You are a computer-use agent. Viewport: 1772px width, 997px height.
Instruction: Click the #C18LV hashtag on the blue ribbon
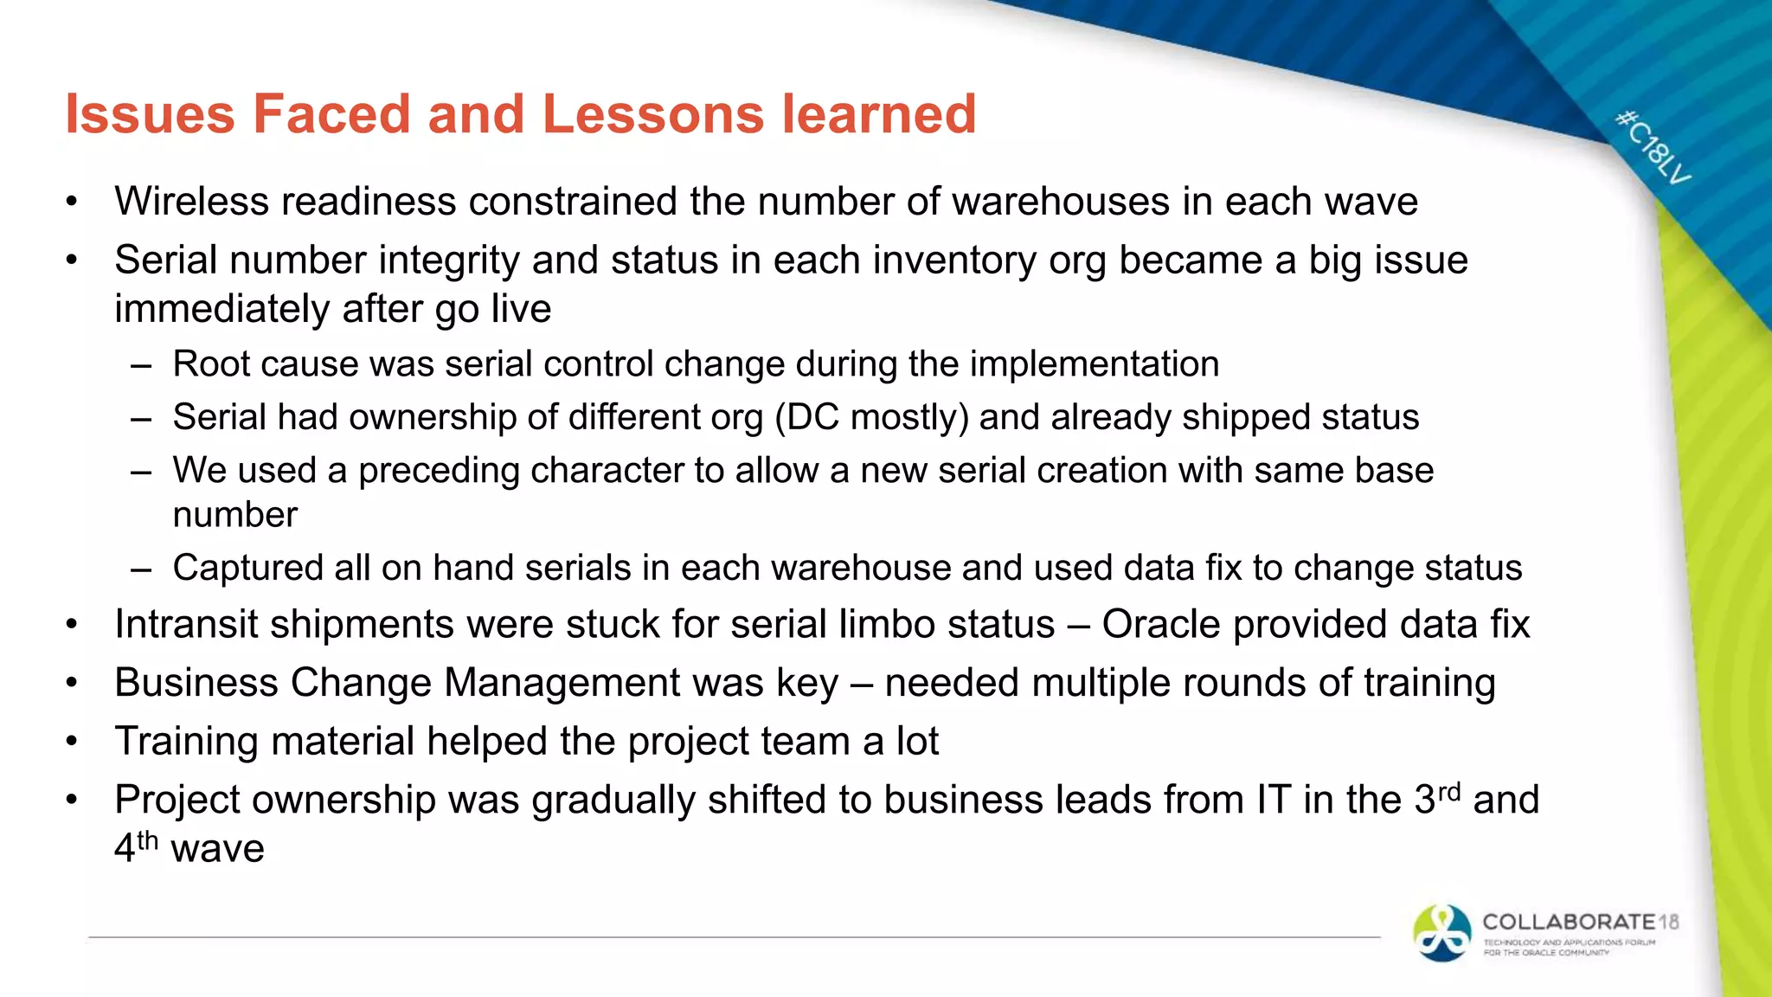(x=1653, y=147)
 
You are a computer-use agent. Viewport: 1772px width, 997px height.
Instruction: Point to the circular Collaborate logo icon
(x=1441, y=933)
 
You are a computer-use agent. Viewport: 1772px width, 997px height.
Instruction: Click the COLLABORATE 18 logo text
(x=1580, y=923)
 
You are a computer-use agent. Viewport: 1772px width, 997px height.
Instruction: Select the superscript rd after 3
(x=1449, y=791)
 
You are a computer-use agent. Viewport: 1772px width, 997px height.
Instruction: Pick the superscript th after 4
(x=148, y=839)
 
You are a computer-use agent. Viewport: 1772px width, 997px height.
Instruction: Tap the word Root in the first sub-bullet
(x=207, y=364)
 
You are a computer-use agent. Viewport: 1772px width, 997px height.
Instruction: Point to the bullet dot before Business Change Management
(x=72, y=684)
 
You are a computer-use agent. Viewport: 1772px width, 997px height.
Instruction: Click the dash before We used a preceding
(x=141, y=472)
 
